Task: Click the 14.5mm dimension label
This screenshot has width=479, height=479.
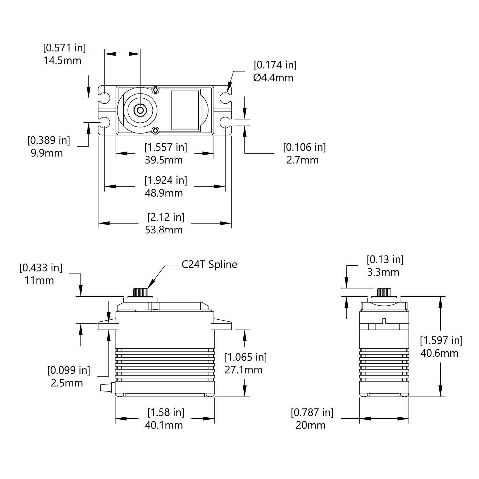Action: [63, 60]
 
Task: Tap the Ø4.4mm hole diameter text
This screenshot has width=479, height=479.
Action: [273, 78]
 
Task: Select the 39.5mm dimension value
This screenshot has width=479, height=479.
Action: [164, 160]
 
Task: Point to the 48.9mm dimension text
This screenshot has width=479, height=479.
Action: [164, 193]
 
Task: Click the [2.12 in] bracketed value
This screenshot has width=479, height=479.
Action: [166, 217]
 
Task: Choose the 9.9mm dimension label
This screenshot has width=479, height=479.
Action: [47, 153]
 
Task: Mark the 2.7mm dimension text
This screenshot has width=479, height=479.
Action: [303, 160]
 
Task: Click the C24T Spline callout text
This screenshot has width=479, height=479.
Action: [209, 264]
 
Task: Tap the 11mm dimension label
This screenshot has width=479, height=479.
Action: [39, 280]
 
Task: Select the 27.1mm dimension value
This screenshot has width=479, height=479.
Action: [244, 370]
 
